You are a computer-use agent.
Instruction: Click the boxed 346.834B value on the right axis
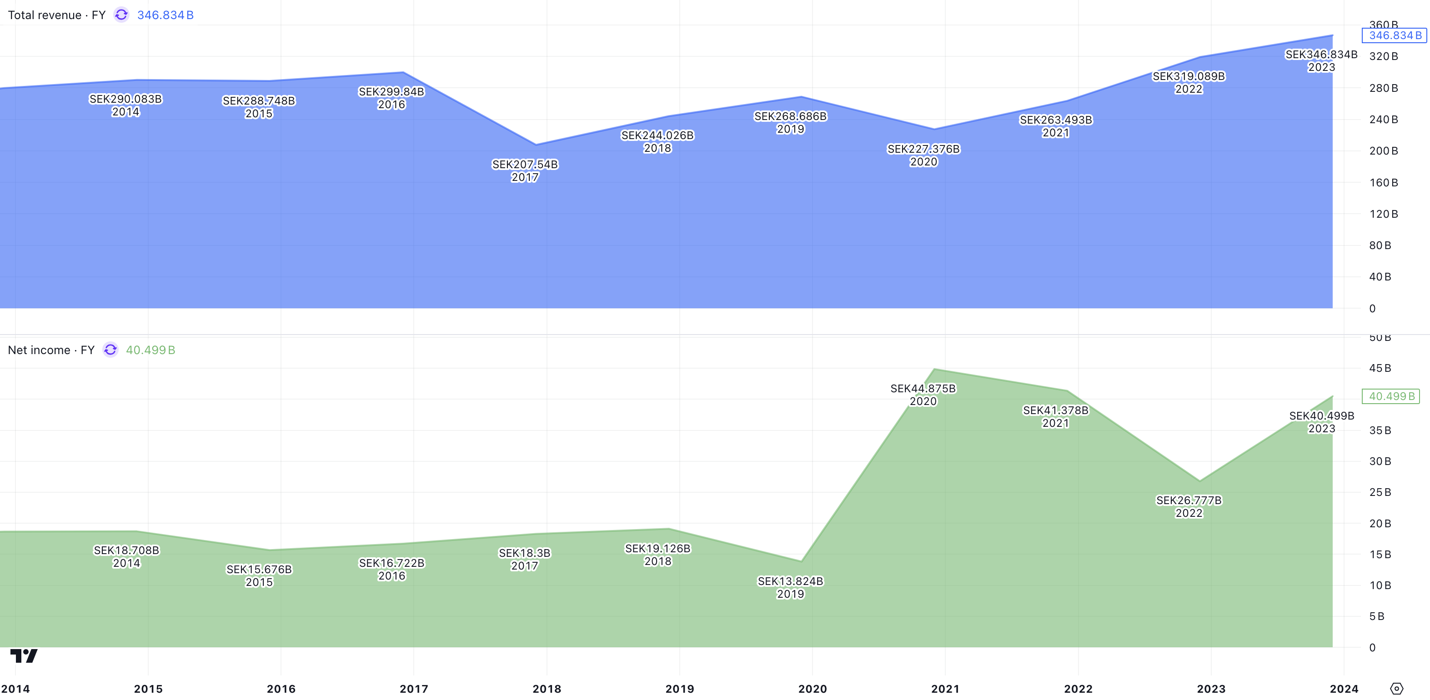pos(1394,35)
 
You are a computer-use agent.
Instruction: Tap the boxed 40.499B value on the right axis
pos(1390,396)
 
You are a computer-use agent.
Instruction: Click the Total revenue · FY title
pos(57,15)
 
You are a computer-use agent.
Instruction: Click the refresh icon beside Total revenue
pos(121,15)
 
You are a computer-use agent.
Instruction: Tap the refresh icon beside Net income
pos(110,350)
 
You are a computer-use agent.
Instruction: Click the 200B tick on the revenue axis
pos(1383,151)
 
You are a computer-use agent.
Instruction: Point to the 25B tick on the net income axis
pos(1380,492)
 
